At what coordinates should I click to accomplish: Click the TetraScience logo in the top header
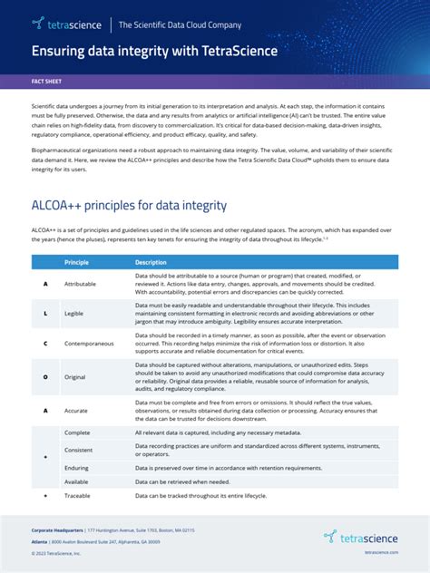66,24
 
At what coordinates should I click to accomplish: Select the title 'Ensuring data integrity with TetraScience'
155,51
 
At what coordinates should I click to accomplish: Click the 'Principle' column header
76,262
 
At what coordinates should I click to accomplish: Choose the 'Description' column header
152,262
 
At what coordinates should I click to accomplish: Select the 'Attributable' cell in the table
80,284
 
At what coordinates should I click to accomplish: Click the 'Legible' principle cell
74,313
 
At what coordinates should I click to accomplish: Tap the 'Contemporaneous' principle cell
89,344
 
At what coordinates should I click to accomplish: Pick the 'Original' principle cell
75,375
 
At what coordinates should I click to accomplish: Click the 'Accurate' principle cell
76,410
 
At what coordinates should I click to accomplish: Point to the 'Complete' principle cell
77,433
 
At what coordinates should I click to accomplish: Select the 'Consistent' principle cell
78,450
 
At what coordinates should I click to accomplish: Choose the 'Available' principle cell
76,481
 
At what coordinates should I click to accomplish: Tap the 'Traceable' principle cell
78,497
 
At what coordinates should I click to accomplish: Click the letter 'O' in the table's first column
45,375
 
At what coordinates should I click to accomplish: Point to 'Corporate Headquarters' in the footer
57,529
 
